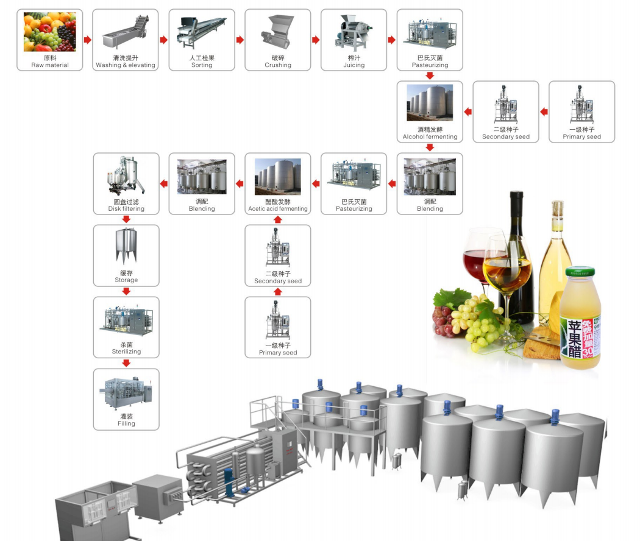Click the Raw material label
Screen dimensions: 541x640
pyautogui.click(x=50, y=65)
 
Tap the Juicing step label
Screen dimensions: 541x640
pyautogui.click(x=354, y=65)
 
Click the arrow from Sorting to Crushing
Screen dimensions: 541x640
pyautogui.click(x=240, y=40)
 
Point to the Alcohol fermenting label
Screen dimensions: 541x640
pyautogui.click(x=430, y=136)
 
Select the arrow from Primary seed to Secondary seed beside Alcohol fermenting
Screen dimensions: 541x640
pyautogui.click(x=544, y=111)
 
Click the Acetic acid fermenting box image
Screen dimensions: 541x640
pyautogui.click(x=277, y=177)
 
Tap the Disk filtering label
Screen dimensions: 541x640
pyautogui.click(x=126, y=208)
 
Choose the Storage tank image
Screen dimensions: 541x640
pyautogui.click(x=126, y=246)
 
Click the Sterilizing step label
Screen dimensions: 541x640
pyautogui.click(x=126, y=352)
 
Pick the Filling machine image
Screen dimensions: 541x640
pyautogui.click(x=126, y=394)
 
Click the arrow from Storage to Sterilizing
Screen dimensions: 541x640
pyautogui.click(x=126, y=291)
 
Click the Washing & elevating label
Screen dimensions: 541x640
pyautogui.click(x=126, y=65)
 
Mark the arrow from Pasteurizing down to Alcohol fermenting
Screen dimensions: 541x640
pyautogui.click(x=430, y=76)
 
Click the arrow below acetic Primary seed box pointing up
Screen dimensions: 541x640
pyautogui.click(x=278, y=291)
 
